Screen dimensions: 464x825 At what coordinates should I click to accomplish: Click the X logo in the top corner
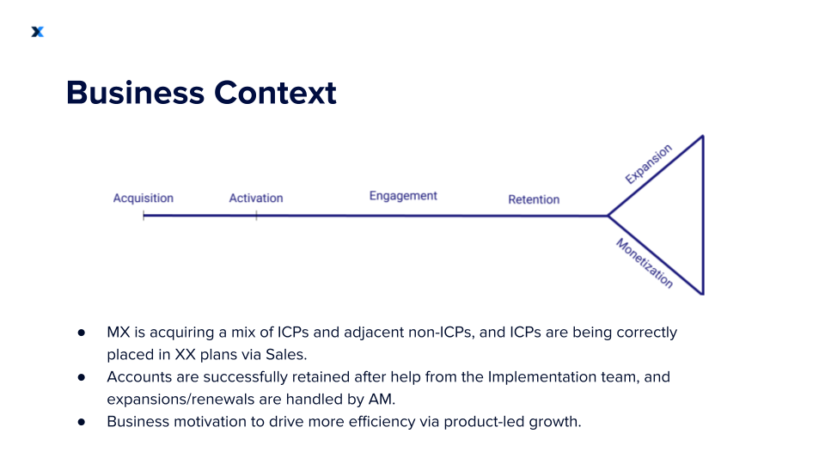(37, 32)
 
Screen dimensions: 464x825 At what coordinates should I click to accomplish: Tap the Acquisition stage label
(144, 198)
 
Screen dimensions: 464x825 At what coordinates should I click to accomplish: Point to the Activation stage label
(256, 198)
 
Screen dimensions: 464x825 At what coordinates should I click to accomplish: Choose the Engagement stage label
(403, 196)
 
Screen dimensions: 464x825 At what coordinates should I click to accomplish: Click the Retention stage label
(534, 199)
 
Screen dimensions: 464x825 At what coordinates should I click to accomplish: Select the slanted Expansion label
(648, 164)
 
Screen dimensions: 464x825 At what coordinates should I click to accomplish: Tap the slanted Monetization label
(645, 263)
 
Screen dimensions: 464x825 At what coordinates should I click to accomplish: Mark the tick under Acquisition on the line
(144, 216)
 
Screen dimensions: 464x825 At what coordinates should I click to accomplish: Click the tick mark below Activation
(256, 216)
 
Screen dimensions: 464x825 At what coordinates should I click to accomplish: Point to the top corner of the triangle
(703, 136)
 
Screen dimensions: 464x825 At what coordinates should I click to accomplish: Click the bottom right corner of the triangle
(703, 294)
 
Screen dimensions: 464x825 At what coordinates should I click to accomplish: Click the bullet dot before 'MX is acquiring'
(82, 333)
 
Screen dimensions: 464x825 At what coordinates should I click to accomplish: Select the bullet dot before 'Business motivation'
(82, 422)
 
